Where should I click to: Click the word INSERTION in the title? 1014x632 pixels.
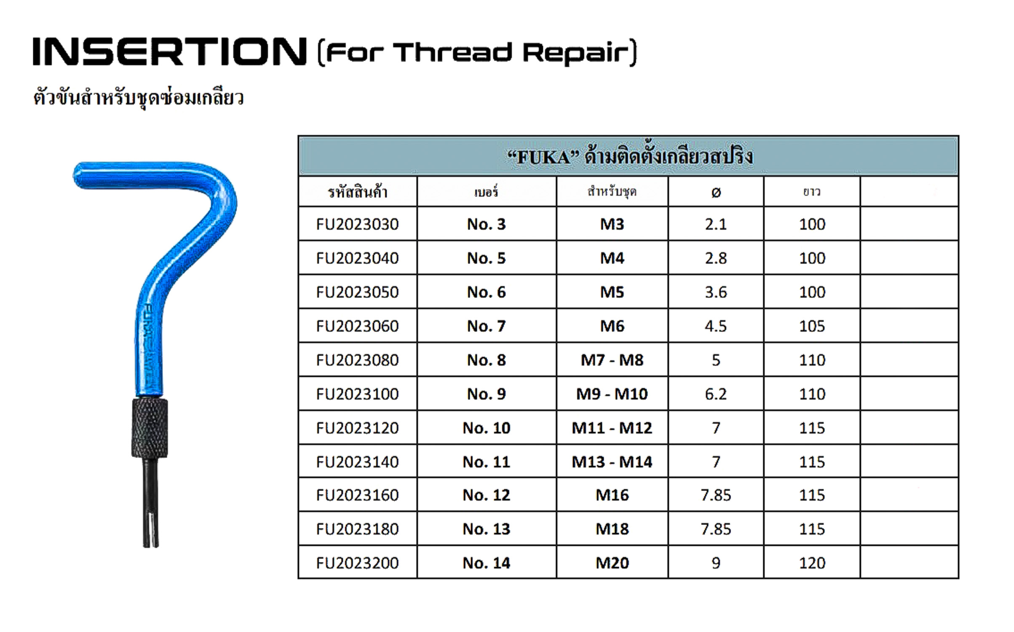[170, 51]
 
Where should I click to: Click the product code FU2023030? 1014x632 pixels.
[357, 224]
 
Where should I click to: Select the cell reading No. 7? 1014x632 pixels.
[486, 326]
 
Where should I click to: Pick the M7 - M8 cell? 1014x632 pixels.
[612, 360]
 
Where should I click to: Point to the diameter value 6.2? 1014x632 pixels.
[716, 394]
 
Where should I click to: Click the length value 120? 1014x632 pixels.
[812, 563]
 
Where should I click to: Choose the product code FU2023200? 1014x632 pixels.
[357, 563]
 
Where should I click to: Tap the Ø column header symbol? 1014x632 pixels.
[716, 193]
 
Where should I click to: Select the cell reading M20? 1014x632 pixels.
[612, 563]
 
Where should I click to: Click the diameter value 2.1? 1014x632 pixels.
[716, 224]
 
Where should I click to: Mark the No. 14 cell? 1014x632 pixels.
[486, 563]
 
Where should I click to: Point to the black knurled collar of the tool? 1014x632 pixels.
[150, 427]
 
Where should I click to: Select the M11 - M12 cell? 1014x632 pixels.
[612, 428]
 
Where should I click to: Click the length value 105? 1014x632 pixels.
[812, 326]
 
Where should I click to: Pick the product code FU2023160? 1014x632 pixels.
[357, 495]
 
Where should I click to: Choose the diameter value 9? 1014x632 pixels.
[716, 563]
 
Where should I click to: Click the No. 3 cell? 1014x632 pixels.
[486, 224]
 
